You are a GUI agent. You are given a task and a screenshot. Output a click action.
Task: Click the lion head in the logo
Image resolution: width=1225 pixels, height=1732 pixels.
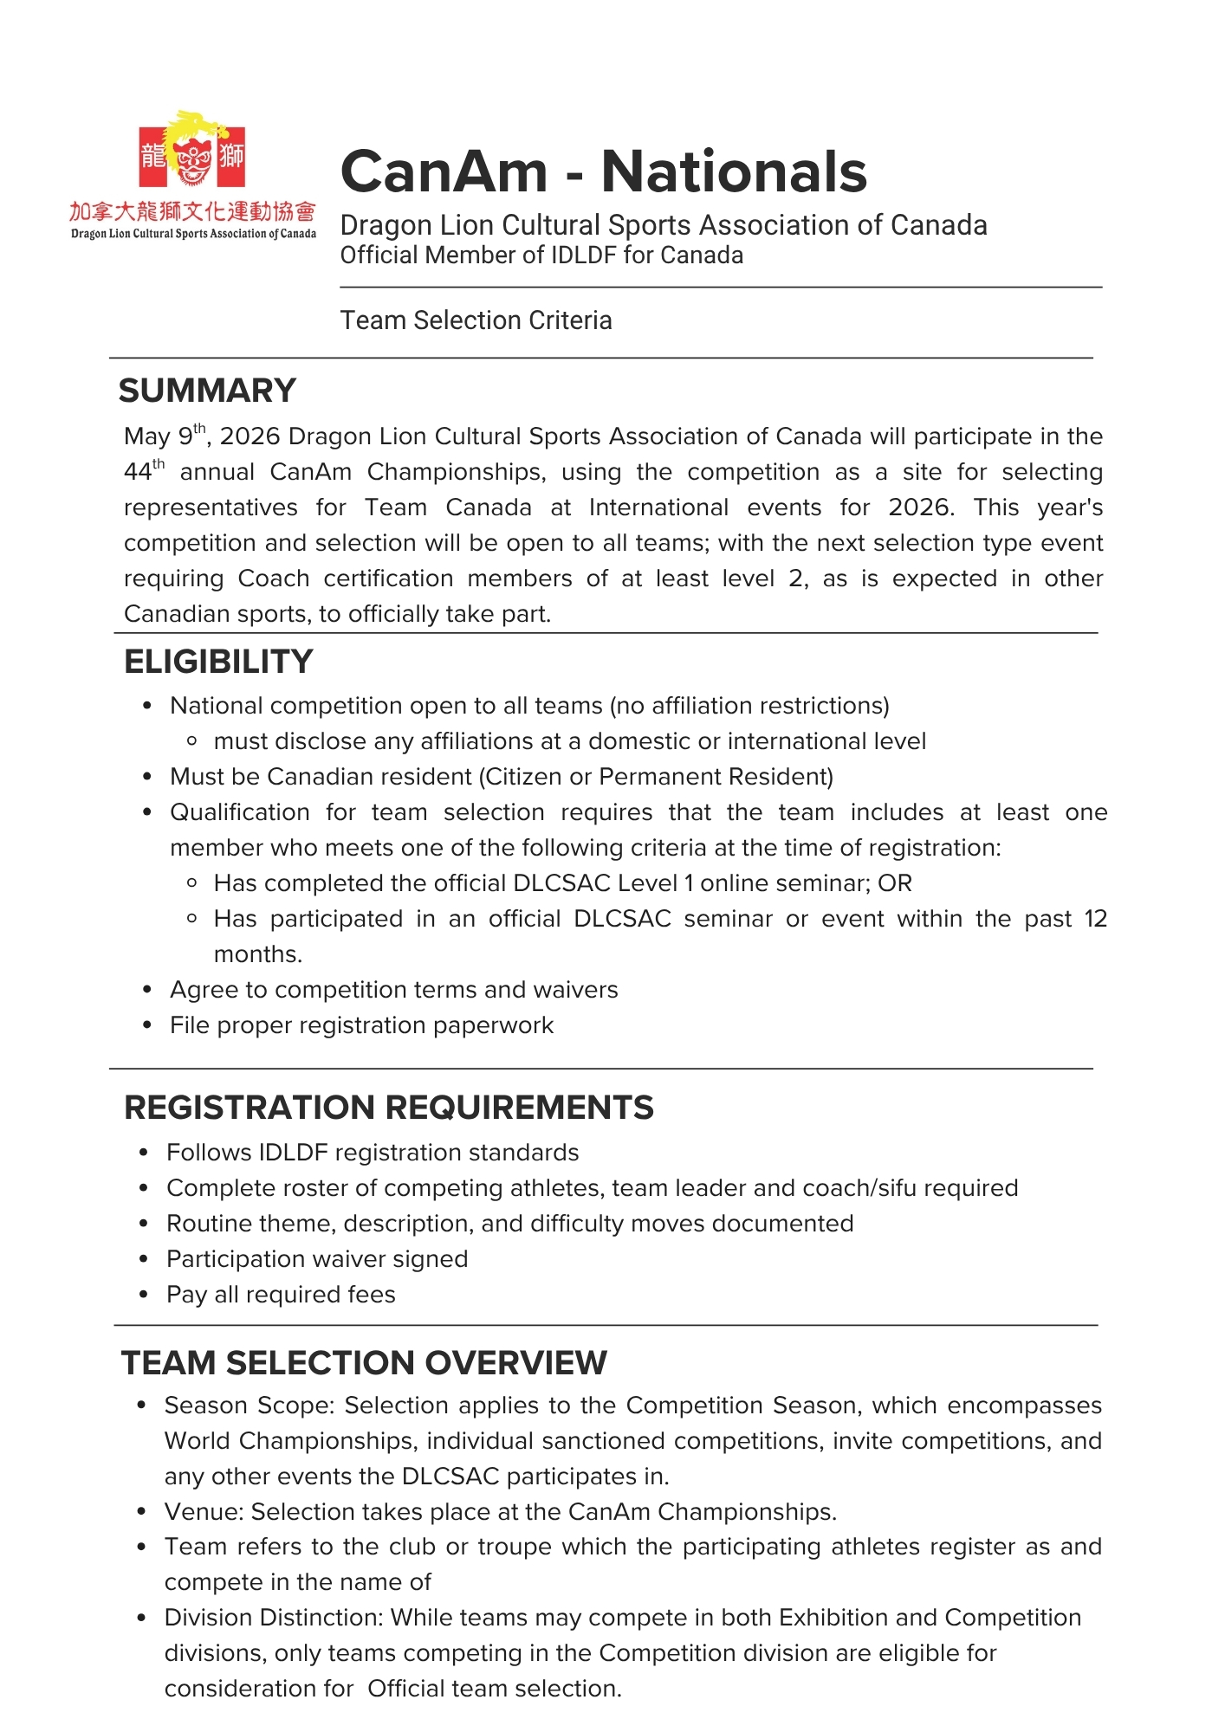tap(192, 156)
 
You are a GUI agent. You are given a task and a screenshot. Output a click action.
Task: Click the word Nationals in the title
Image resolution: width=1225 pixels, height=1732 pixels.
tap(734, 171)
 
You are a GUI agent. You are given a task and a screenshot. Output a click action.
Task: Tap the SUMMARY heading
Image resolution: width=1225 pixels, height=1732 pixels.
tap(207, 391)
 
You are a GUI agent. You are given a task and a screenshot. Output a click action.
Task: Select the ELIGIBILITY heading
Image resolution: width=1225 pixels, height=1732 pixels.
tap(218, 662)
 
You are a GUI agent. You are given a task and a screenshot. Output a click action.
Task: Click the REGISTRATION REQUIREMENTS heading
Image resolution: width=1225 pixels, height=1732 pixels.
tap(389, 1108)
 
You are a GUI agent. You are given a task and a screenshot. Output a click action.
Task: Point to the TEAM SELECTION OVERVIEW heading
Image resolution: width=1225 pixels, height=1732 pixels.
tap(364, 1363)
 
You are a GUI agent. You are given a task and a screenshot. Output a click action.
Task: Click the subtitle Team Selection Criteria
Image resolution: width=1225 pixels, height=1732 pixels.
tap(476, 320)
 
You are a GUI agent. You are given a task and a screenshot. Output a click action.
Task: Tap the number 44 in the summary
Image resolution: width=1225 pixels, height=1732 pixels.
tap(138, 473)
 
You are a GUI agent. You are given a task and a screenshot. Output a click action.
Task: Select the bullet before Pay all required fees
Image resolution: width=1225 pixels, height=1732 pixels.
tap(144, 1295)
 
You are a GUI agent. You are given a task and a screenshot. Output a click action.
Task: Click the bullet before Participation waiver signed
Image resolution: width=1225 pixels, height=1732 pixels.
tap(144, 1259)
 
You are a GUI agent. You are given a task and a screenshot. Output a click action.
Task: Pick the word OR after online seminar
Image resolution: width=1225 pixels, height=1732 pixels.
tap(895, 883)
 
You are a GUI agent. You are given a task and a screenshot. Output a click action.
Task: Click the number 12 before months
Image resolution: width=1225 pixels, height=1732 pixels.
tap(1096, 919)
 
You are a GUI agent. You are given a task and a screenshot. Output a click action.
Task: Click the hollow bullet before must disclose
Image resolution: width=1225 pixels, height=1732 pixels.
tap(192, 741)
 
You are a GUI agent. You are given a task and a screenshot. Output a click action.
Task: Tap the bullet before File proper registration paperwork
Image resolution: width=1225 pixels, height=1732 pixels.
tap(147, 1025)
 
